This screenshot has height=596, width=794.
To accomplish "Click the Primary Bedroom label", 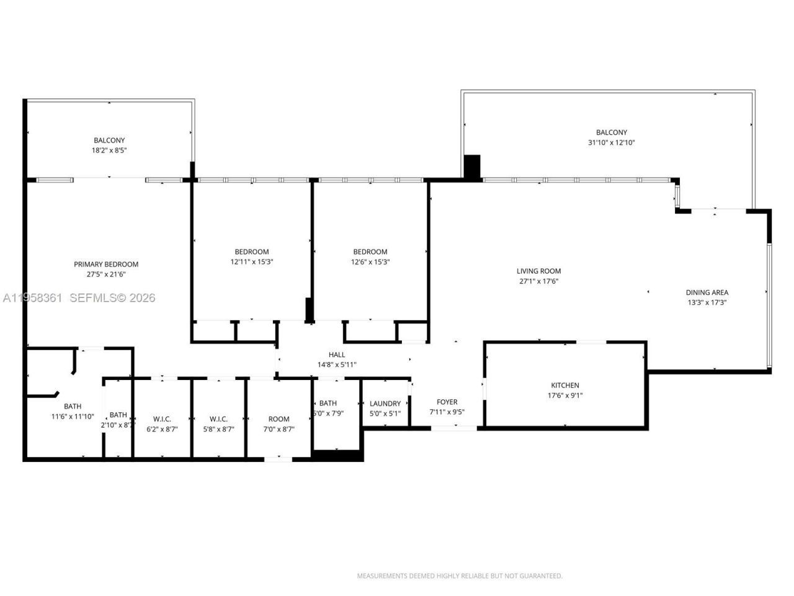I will point(106,264).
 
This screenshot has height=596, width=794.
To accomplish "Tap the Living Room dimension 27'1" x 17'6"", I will point(538,281).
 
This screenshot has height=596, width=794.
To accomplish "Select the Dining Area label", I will point(707,292).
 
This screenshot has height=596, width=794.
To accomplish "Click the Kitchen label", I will point(565,386).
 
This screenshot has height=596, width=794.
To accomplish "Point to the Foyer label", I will point(447,402).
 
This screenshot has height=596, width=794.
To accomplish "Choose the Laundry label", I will point(385,404).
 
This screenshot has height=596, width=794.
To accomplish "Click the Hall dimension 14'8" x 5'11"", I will point(337,365).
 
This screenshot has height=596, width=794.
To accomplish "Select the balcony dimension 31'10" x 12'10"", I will point(611,143).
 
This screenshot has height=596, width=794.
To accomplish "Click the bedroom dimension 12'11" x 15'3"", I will point(252,262).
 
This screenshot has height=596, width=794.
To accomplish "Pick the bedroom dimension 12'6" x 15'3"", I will point(370,262).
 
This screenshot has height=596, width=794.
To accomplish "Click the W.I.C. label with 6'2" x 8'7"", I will point(159,419).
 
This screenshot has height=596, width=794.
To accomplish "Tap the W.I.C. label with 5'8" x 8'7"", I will point(218,419).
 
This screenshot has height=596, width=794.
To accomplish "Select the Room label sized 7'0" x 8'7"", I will point(279,419).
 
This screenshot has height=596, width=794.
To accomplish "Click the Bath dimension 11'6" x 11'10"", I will point(73,417).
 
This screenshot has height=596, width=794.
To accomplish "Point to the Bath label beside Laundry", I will point(328,404).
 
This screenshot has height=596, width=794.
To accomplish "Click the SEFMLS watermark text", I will point(112,298).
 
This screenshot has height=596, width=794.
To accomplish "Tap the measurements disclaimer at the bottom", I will point(460,576).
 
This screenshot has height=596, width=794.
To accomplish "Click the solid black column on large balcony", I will point(472,167).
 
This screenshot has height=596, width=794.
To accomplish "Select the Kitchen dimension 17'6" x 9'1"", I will point(565,395).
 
